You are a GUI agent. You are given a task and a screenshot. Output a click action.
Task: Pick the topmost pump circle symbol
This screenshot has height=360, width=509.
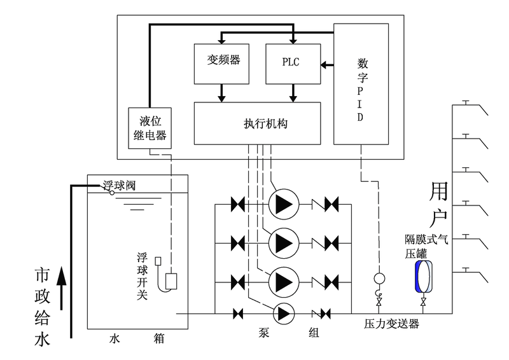(x=281, y=204)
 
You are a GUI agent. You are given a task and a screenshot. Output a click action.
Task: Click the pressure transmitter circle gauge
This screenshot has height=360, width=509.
(x=380, y=278)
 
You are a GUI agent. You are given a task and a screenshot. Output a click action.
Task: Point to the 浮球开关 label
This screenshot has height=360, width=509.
(x=143, y=276)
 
